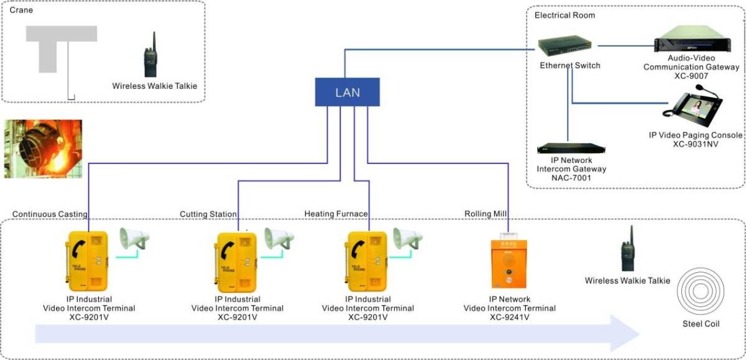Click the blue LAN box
pos(347,93)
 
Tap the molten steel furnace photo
pos(42,149)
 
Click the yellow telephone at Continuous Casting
pos(87,260)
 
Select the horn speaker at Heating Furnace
pos(407,239)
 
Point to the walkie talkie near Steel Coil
pos(627,248)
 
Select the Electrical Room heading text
pos(564,15)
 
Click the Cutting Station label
pos(208,214)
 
